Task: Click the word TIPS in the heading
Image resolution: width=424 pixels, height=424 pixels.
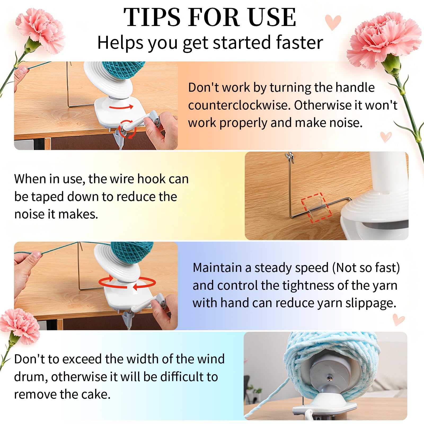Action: [152, 17]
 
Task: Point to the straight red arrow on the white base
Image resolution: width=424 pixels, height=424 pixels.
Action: [121, 107]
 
